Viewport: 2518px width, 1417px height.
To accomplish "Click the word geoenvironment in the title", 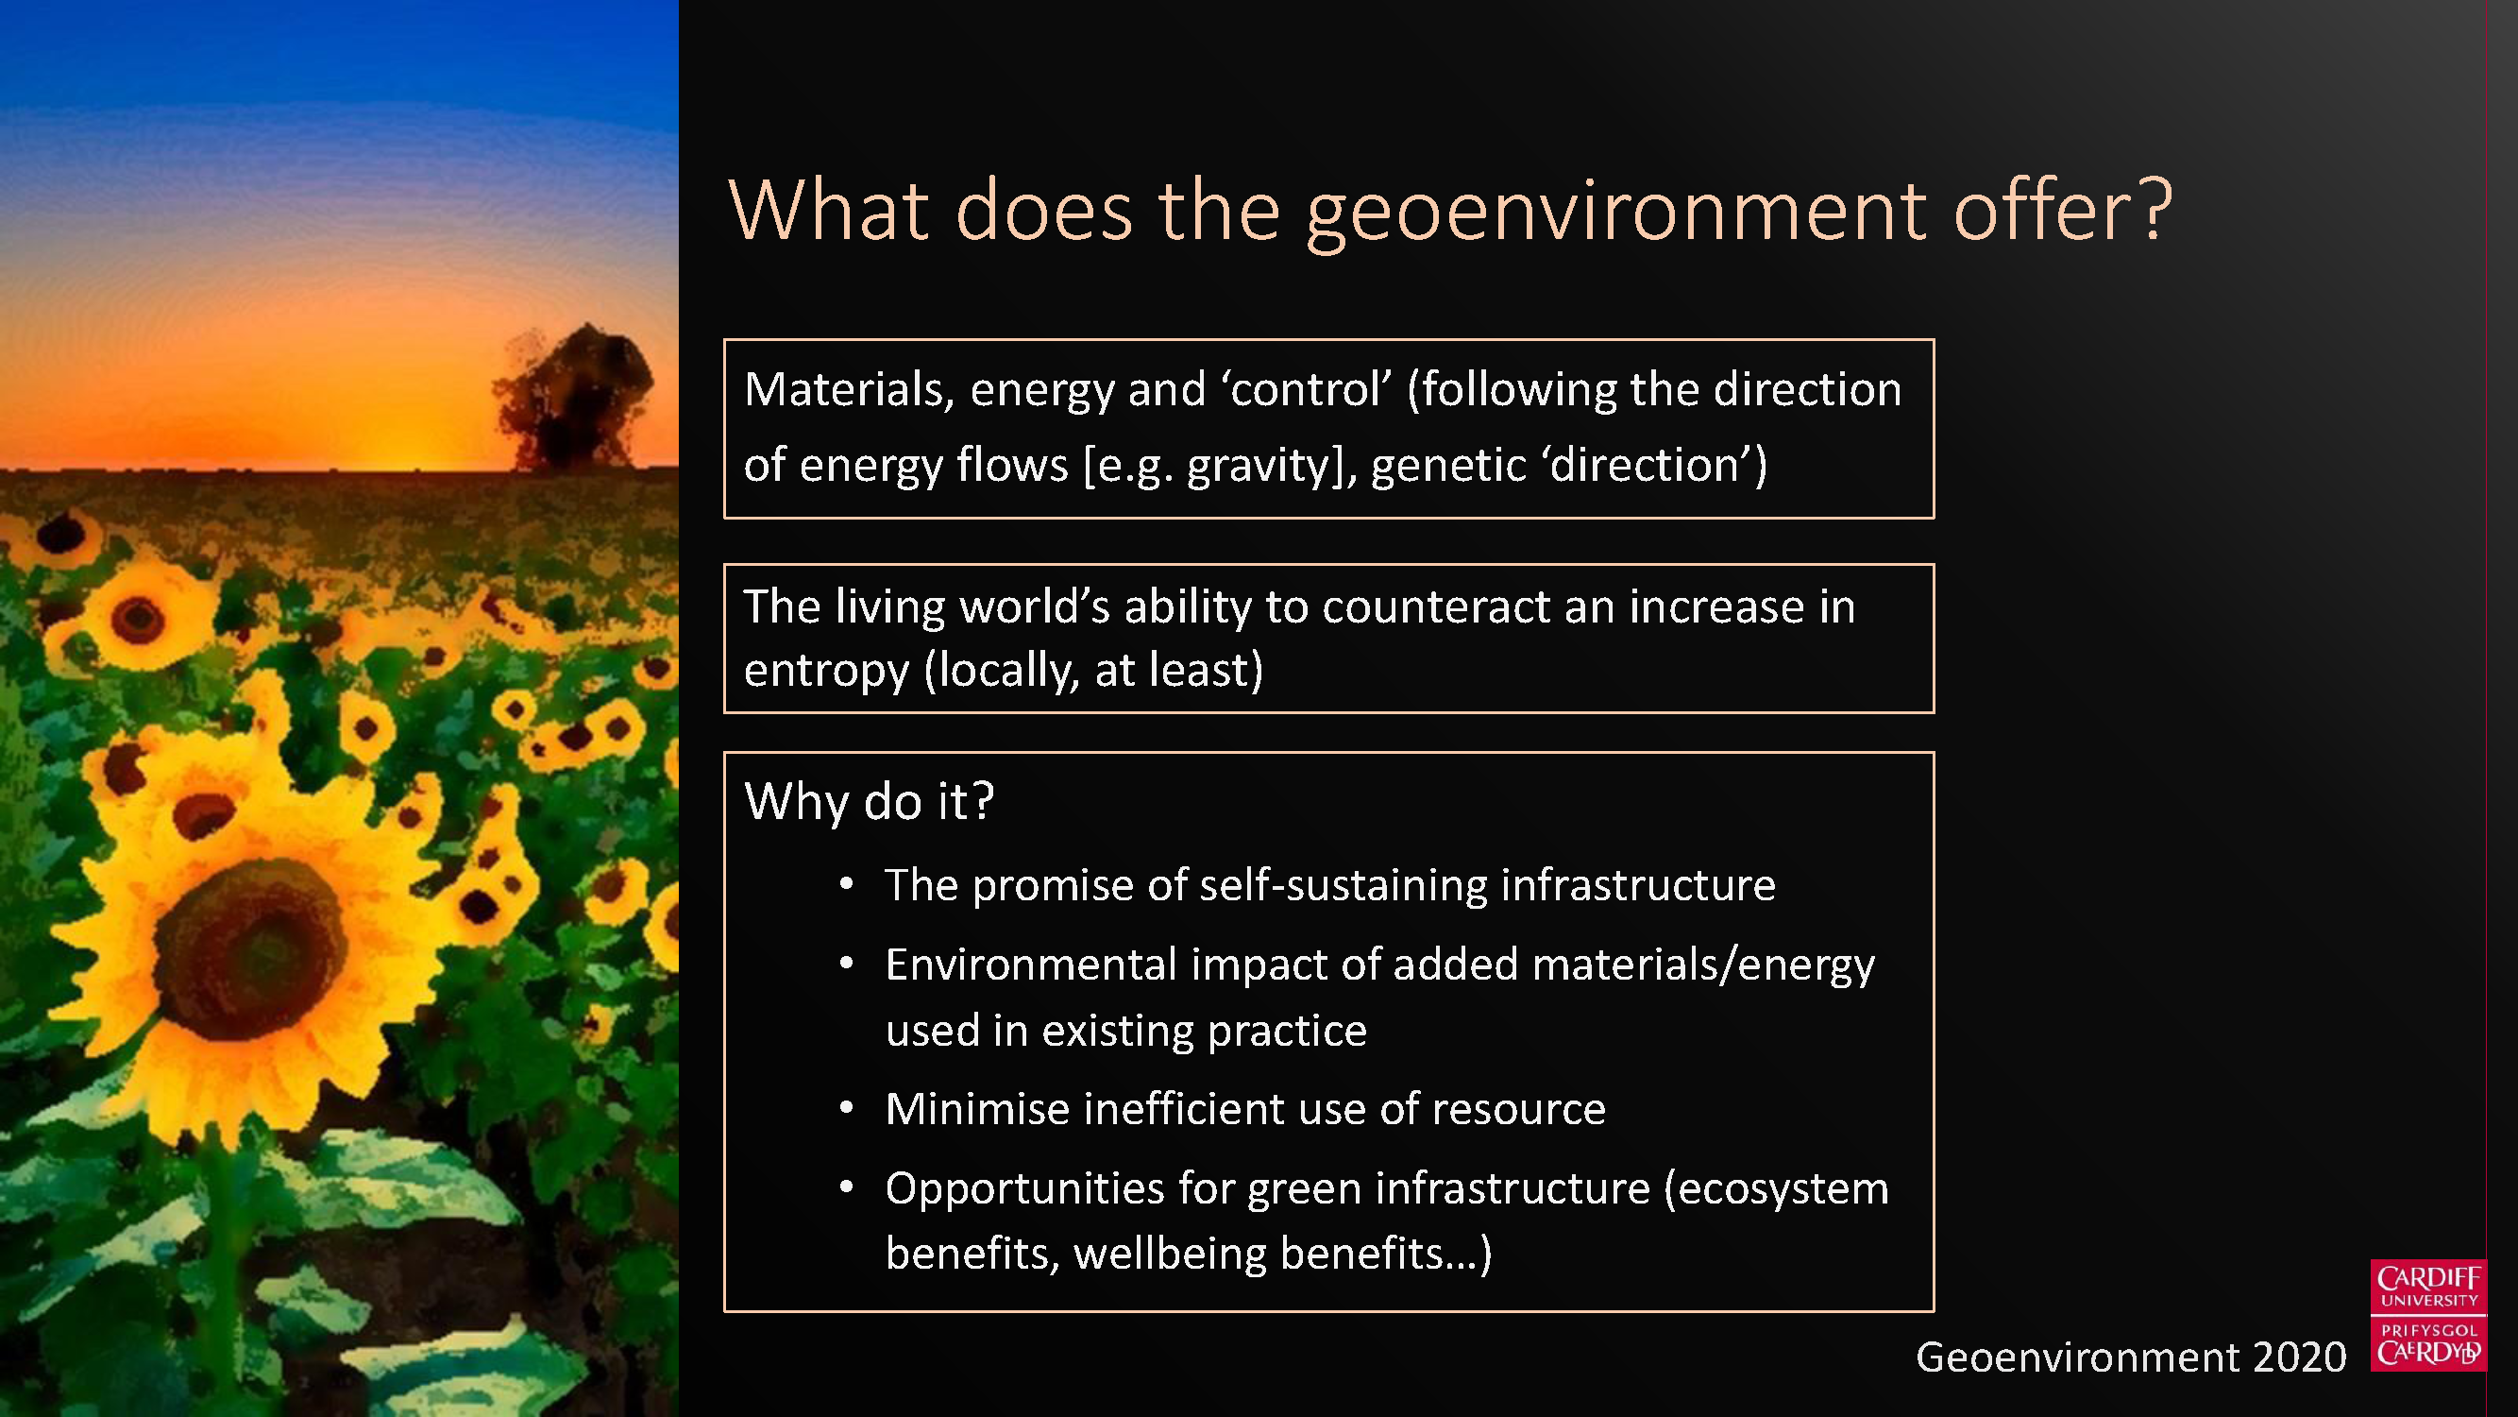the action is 1616,213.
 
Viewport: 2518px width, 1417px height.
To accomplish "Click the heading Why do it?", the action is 869,801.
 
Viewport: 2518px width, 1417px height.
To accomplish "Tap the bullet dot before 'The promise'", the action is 847,885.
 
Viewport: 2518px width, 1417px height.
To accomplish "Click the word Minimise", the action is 977,1109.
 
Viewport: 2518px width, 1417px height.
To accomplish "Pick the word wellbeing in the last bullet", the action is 1170,1255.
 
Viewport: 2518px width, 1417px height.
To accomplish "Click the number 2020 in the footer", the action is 2298,1357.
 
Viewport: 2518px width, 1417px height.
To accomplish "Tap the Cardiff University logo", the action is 2428,1315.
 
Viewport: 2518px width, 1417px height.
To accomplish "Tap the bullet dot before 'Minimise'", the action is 847,1109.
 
